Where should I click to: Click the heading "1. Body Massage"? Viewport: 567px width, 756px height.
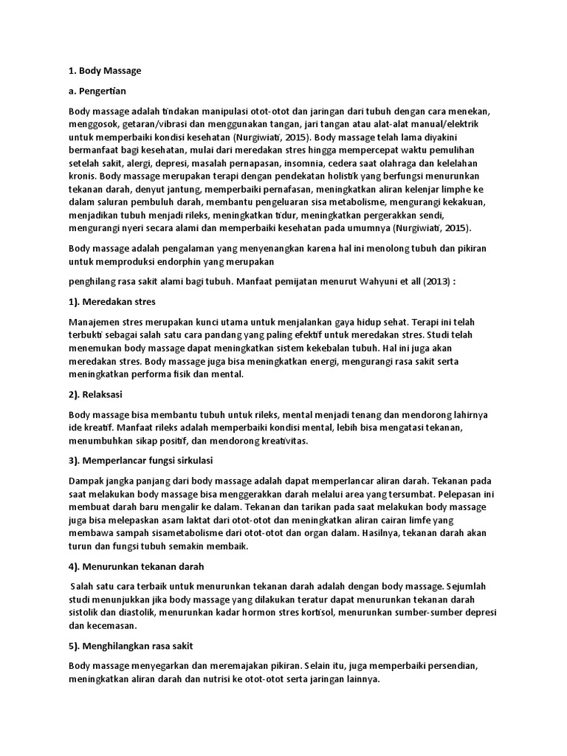104,71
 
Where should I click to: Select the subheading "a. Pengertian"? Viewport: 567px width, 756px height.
98,91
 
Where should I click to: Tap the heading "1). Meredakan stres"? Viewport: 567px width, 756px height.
112,302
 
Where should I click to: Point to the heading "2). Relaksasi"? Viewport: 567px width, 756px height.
99,394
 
